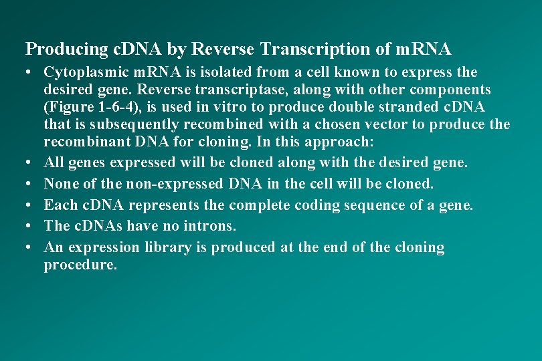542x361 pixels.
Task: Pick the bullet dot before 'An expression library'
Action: pos(30,247)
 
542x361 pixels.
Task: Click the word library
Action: pos(166,247)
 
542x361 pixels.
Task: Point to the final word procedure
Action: pos(80,265)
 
